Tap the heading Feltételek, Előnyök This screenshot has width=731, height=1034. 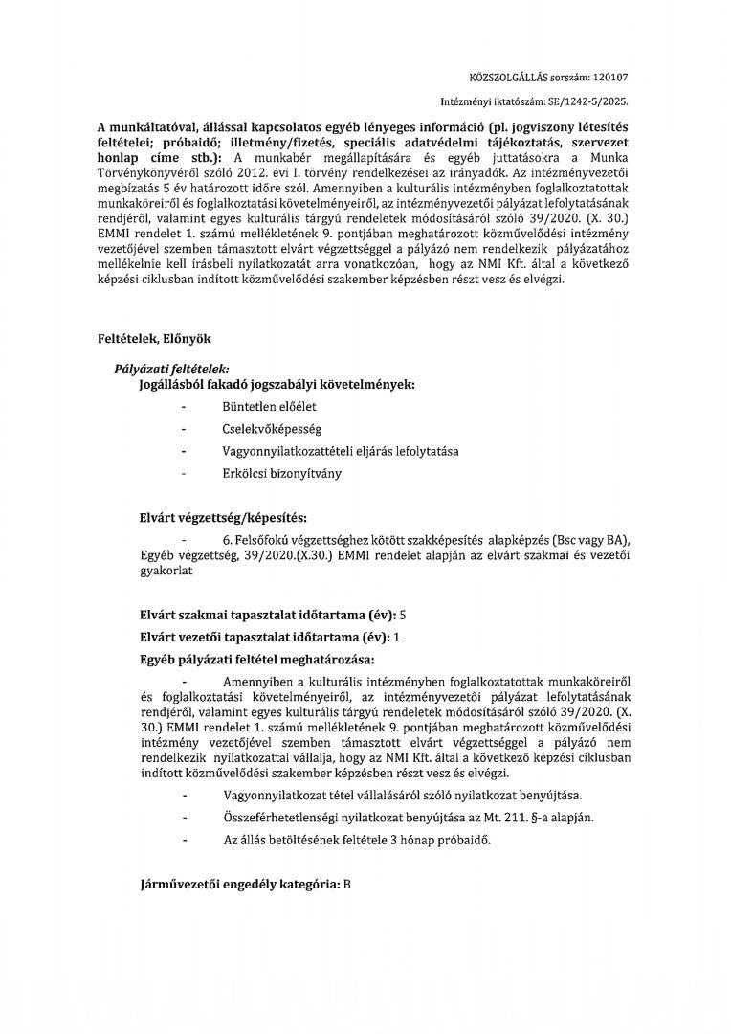(x=154, y=339)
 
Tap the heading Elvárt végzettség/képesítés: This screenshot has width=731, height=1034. (x=223, y=518)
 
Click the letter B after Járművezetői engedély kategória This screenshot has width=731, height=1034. (x=347, y=887)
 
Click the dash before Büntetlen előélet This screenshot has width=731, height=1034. (x=183, y=407)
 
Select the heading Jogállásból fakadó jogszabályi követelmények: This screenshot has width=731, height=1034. (x=277, y=384)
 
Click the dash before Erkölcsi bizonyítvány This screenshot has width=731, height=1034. (x=183, y=473)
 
